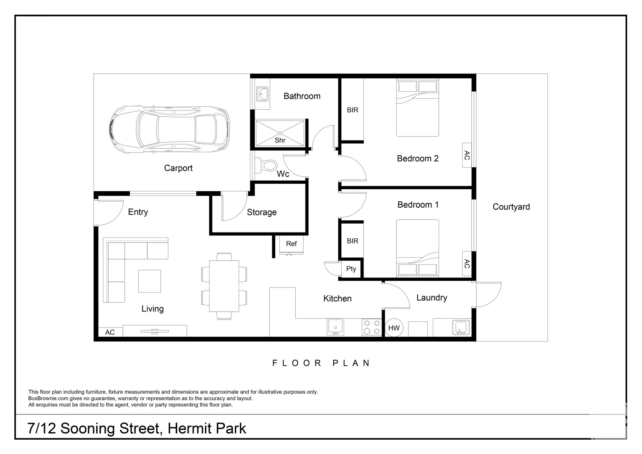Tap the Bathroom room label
point(302,96)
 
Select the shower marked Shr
point(280,133)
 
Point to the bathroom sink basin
point(263,94)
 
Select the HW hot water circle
point(394,328)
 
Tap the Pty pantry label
point(351,269)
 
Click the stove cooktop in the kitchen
point(371,327)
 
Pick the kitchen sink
point(335,327)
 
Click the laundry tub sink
point(461,327)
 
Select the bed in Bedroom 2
point(418,108)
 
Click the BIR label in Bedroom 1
point(353,241)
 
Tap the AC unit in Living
point(110,332)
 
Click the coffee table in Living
point(150,281)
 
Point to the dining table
point(224,286)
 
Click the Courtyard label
point(511,207)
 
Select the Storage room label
point(261,212)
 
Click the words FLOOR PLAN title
point(321,363)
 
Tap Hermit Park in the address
point(207,428)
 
